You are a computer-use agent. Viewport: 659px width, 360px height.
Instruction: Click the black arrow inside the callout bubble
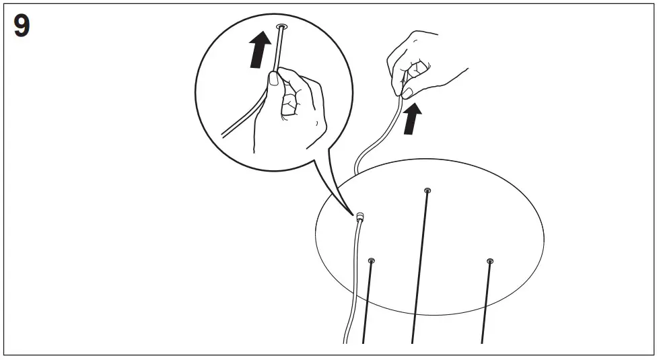[x=258, y=51]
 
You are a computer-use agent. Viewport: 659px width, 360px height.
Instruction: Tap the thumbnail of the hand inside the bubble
[x=274, y=79]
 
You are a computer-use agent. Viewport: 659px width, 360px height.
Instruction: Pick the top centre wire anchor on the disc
[x=427, y=191]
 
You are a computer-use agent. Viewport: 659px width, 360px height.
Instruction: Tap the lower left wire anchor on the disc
[x=372, y=260]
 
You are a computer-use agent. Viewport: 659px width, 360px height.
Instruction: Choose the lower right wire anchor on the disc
[x=489, y=261]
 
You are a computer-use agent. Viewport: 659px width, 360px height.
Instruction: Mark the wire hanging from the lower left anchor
[x=368, y=303]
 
